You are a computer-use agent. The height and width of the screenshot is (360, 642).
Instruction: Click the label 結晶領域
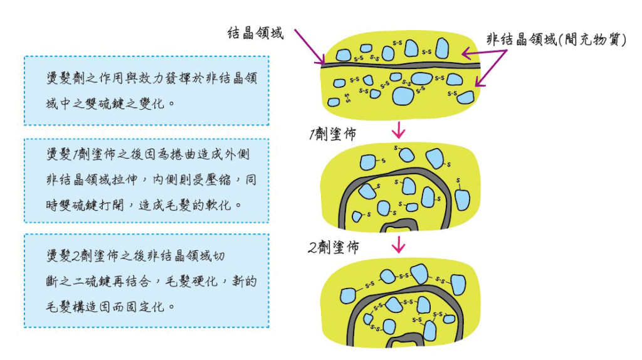click(255, 33)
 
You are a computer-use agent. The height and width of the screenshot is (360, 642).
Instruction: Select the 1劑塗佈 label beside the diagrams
click(333, 134)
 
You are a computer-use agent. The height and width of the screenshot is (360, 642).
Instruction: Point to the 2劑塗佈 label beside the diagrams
click(334, 247)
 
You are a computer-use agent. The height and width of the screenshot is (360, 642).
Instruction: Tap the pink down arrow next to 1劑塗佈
click(398, 130)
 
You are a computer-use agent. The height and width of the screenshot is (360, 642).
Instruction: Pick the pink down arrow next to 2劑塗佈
click(398, 244)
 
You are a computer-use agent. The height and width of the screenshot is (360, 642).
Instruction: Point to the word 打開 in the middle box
click(112, 205)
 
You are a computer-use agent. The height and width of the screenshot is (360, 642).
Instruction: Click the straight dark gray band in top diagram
click(401, 65)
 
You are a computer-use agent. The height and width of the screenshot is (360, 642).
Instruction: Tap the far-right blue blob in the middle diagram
click(462, 200)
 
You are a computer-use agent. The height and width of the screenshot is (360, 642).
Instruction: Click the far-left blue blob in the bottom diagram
click(348, 295)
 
